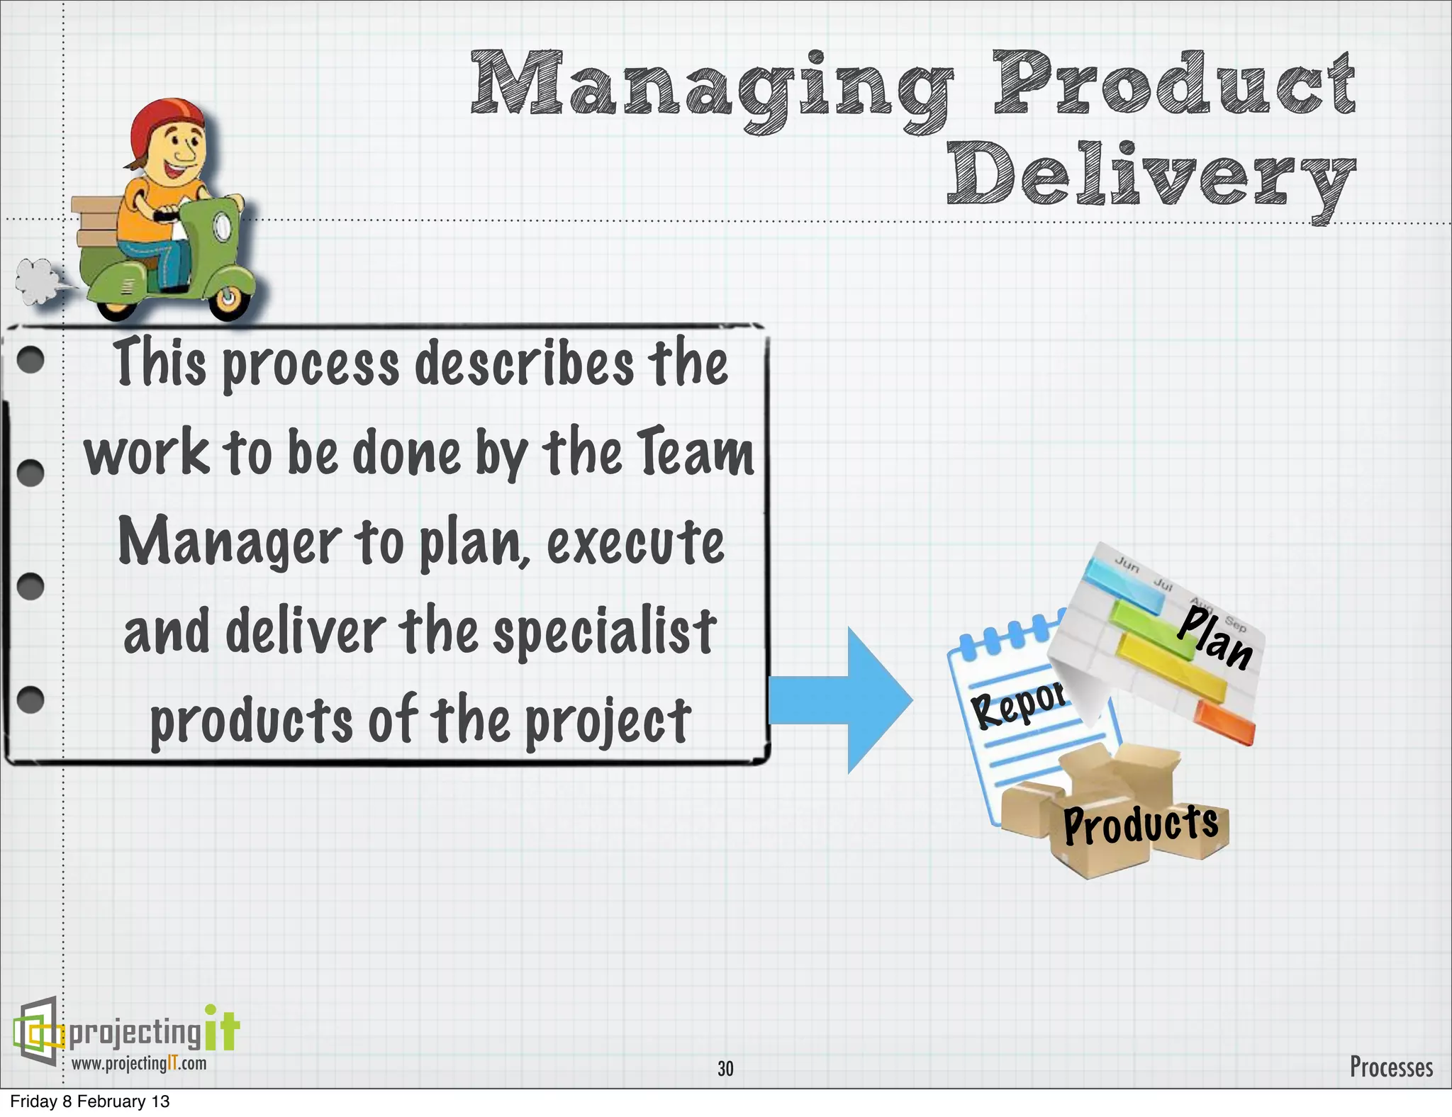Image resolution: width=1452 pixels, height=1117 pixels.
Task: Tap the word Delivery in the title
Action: point(1150,177)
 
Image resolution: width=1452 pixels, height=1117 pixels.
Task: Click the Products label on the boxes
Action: point(1140,824)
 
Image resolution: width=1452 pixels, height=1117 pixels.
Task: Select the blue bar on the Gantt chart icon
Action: point(1124,584)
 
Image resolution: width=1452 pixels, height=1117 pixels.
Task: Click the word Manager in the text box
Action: point(229,542)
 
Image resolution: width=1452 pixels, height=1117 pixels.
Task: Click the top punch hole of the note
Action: point(30,360)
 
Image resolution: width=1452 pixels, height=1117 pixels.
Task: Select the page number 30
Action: point(725,1068)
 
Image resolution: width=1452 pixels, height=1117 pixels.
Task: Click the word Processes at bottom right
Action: point(1390,1067)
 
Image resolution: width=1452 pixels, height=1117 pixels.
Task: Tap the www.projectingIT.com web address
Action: point(139,1063)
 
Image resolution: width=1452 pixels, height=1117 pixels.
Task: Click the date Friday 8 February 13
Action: point(89,1101)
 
